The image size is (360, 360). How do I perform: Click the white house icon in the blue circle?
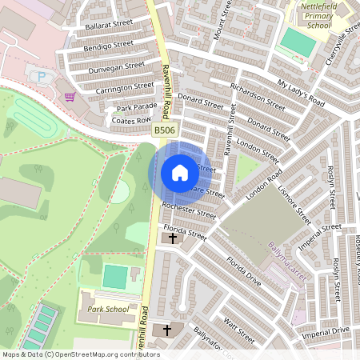coord(180,173)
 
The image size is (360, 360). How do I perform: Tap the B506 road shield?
coord(164,130)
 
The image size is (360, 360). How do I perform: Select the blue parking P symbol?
coord(41,77)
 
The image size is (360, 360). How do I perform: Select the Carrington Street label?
coord(124,86)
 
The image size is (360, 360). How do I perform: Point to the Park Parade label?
coord(137,107)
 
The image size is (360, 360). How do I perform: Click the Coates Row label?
coord(132,120)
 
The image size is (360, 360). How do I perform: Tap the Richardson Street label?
coord(257,96)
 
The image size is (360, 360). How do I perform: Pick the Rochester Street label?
coord(189,210)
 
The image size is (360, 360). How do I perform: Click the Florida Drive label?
coord(244,271)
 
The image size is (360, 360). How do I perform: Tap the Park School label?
coord(107,309)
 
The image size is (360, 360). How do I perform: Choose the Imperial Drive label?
coord(327,330)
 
